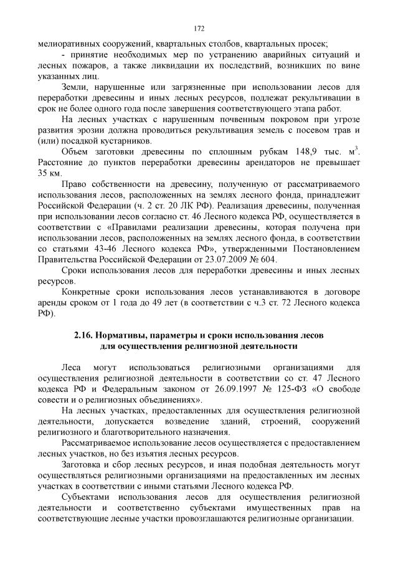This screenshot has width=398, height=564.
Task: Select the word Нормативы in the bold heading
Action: point(121,335)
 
